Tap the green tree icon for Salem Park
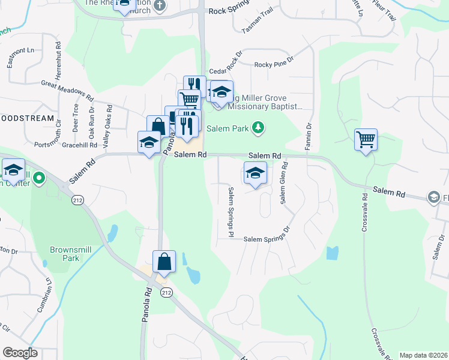[x=258, y=127]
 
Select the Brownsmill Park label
[x=73, y=253]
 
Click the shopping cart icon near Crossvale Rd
[x=366, y=140]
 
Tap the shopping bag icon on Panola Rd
[x=164, y=262]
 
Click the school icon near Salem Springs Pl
[x=255, y=173]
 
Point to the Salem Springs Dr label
[x=267, y=239]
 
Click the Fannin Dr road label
[x=310, y=136]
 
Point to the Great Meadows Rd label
[x=68, y=91]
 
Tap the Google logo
[x=20, y=353]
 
